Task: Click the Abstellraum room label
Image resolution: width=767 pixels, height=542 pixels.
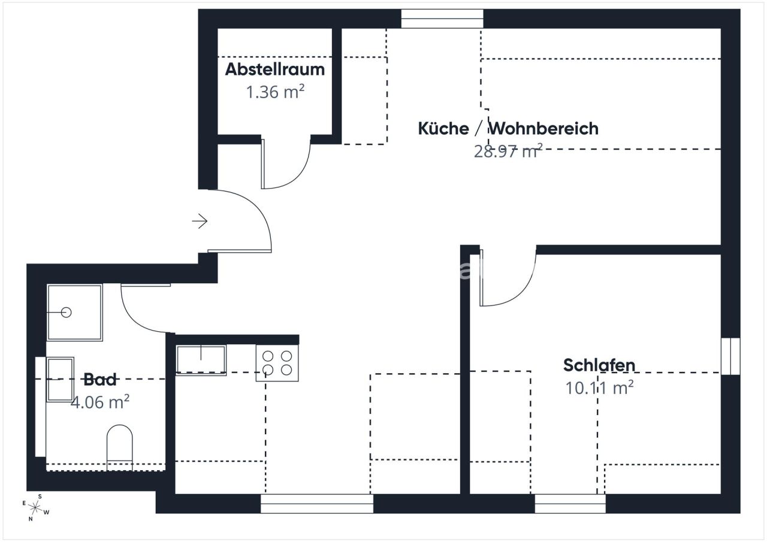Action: [x=274, y=69]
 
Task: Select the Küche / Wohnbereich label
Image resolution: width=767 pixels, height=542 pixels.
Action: [x=508, y=128]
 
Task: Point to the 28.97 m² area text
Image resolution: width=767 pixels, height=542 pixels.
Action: [x=508, y=150]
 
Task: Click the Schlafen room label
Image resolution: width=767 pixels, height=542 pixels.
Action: [x=599, y=365]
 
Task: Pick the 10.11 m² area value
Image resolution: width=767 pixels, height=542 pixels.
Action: [x=599, y=387]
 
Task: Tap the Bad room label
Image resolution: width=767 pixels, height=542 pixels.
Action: [x=100, y=379]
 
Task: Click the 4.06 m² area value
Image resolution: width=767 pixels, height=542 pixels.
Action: [x=100, y=402]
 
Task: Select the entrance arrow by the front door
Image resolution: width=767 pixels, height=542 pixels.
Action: [x=200, y=222]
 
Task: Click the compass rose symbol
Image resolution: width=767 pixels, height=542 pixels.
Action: [x=35, y=508]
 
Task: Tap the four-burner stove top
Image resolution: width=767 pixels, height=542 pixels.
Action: [x=277, y=363]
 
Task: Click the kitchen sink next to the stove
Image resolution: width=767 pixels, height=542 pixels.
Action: [x=201, y=360]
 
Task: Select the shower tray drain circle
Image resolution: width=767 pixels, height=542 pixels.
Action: [x=67, y=312]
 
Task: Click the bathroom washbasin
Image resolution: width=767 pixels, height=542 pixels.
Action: [x=60, y=379]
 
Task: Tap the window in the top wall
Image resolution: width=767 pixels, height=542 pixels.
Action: [x=442, y=19]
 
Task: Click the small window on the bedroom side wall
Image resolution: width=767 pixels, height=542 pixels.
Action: [x=730, y=356]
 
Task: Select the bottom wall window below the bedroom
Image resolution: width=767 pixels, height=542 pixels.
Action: [x=570, y=504]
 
